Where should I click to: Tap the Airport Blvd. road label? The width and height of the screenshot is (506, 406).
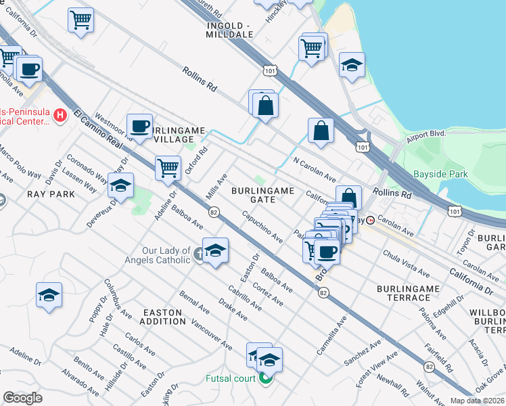tap(428, 134)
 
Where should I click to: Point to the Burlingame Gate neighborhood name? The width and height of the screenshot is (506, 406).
tap(263, 195)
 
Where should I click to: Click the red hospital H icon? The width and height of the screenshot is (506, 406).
tap(60, 115)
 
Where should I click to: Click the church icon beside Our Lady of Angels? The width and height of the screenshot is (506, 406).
tap(198, 254)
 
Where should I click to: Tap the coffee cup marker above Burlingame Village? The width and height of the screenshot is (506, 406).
tap(140, 125)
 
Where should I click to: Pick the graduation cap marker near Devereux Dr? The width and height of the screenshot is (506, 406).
tap(120, 186)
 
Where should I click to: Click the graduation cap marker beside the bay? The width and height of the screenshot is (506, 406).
tap(352, 65)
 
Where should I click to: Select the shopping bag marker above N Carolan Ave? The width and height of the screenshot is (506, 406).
tap(321, 131)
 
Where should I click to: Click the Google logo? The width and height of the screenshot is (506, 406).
tap(22, 398)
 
